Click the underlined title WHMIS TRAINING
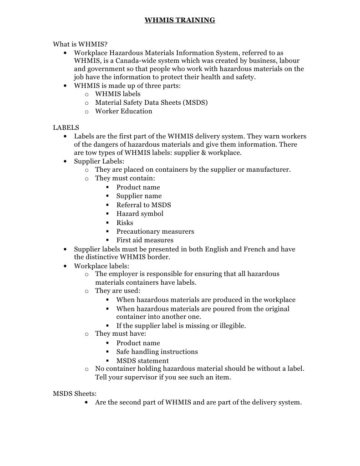180,20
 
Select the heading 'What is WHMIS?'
80,44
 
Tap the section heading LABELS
66,128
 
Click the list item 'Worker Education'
123,111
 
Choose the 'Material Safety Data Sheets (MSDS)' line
151,102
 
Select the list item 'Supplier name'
139,196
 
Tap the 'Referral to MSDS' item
143,205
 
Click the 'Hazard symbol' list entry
140,214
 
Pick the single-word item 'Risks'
125,223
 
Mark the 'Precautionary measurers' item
155,231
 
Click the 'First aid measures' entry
145,240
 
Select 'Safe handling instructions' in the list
157,352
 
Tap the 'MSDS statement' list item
142,361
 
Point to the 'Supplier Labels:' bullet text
99,161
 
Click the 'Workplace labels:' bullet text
101,266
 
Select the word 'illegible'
231,326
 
